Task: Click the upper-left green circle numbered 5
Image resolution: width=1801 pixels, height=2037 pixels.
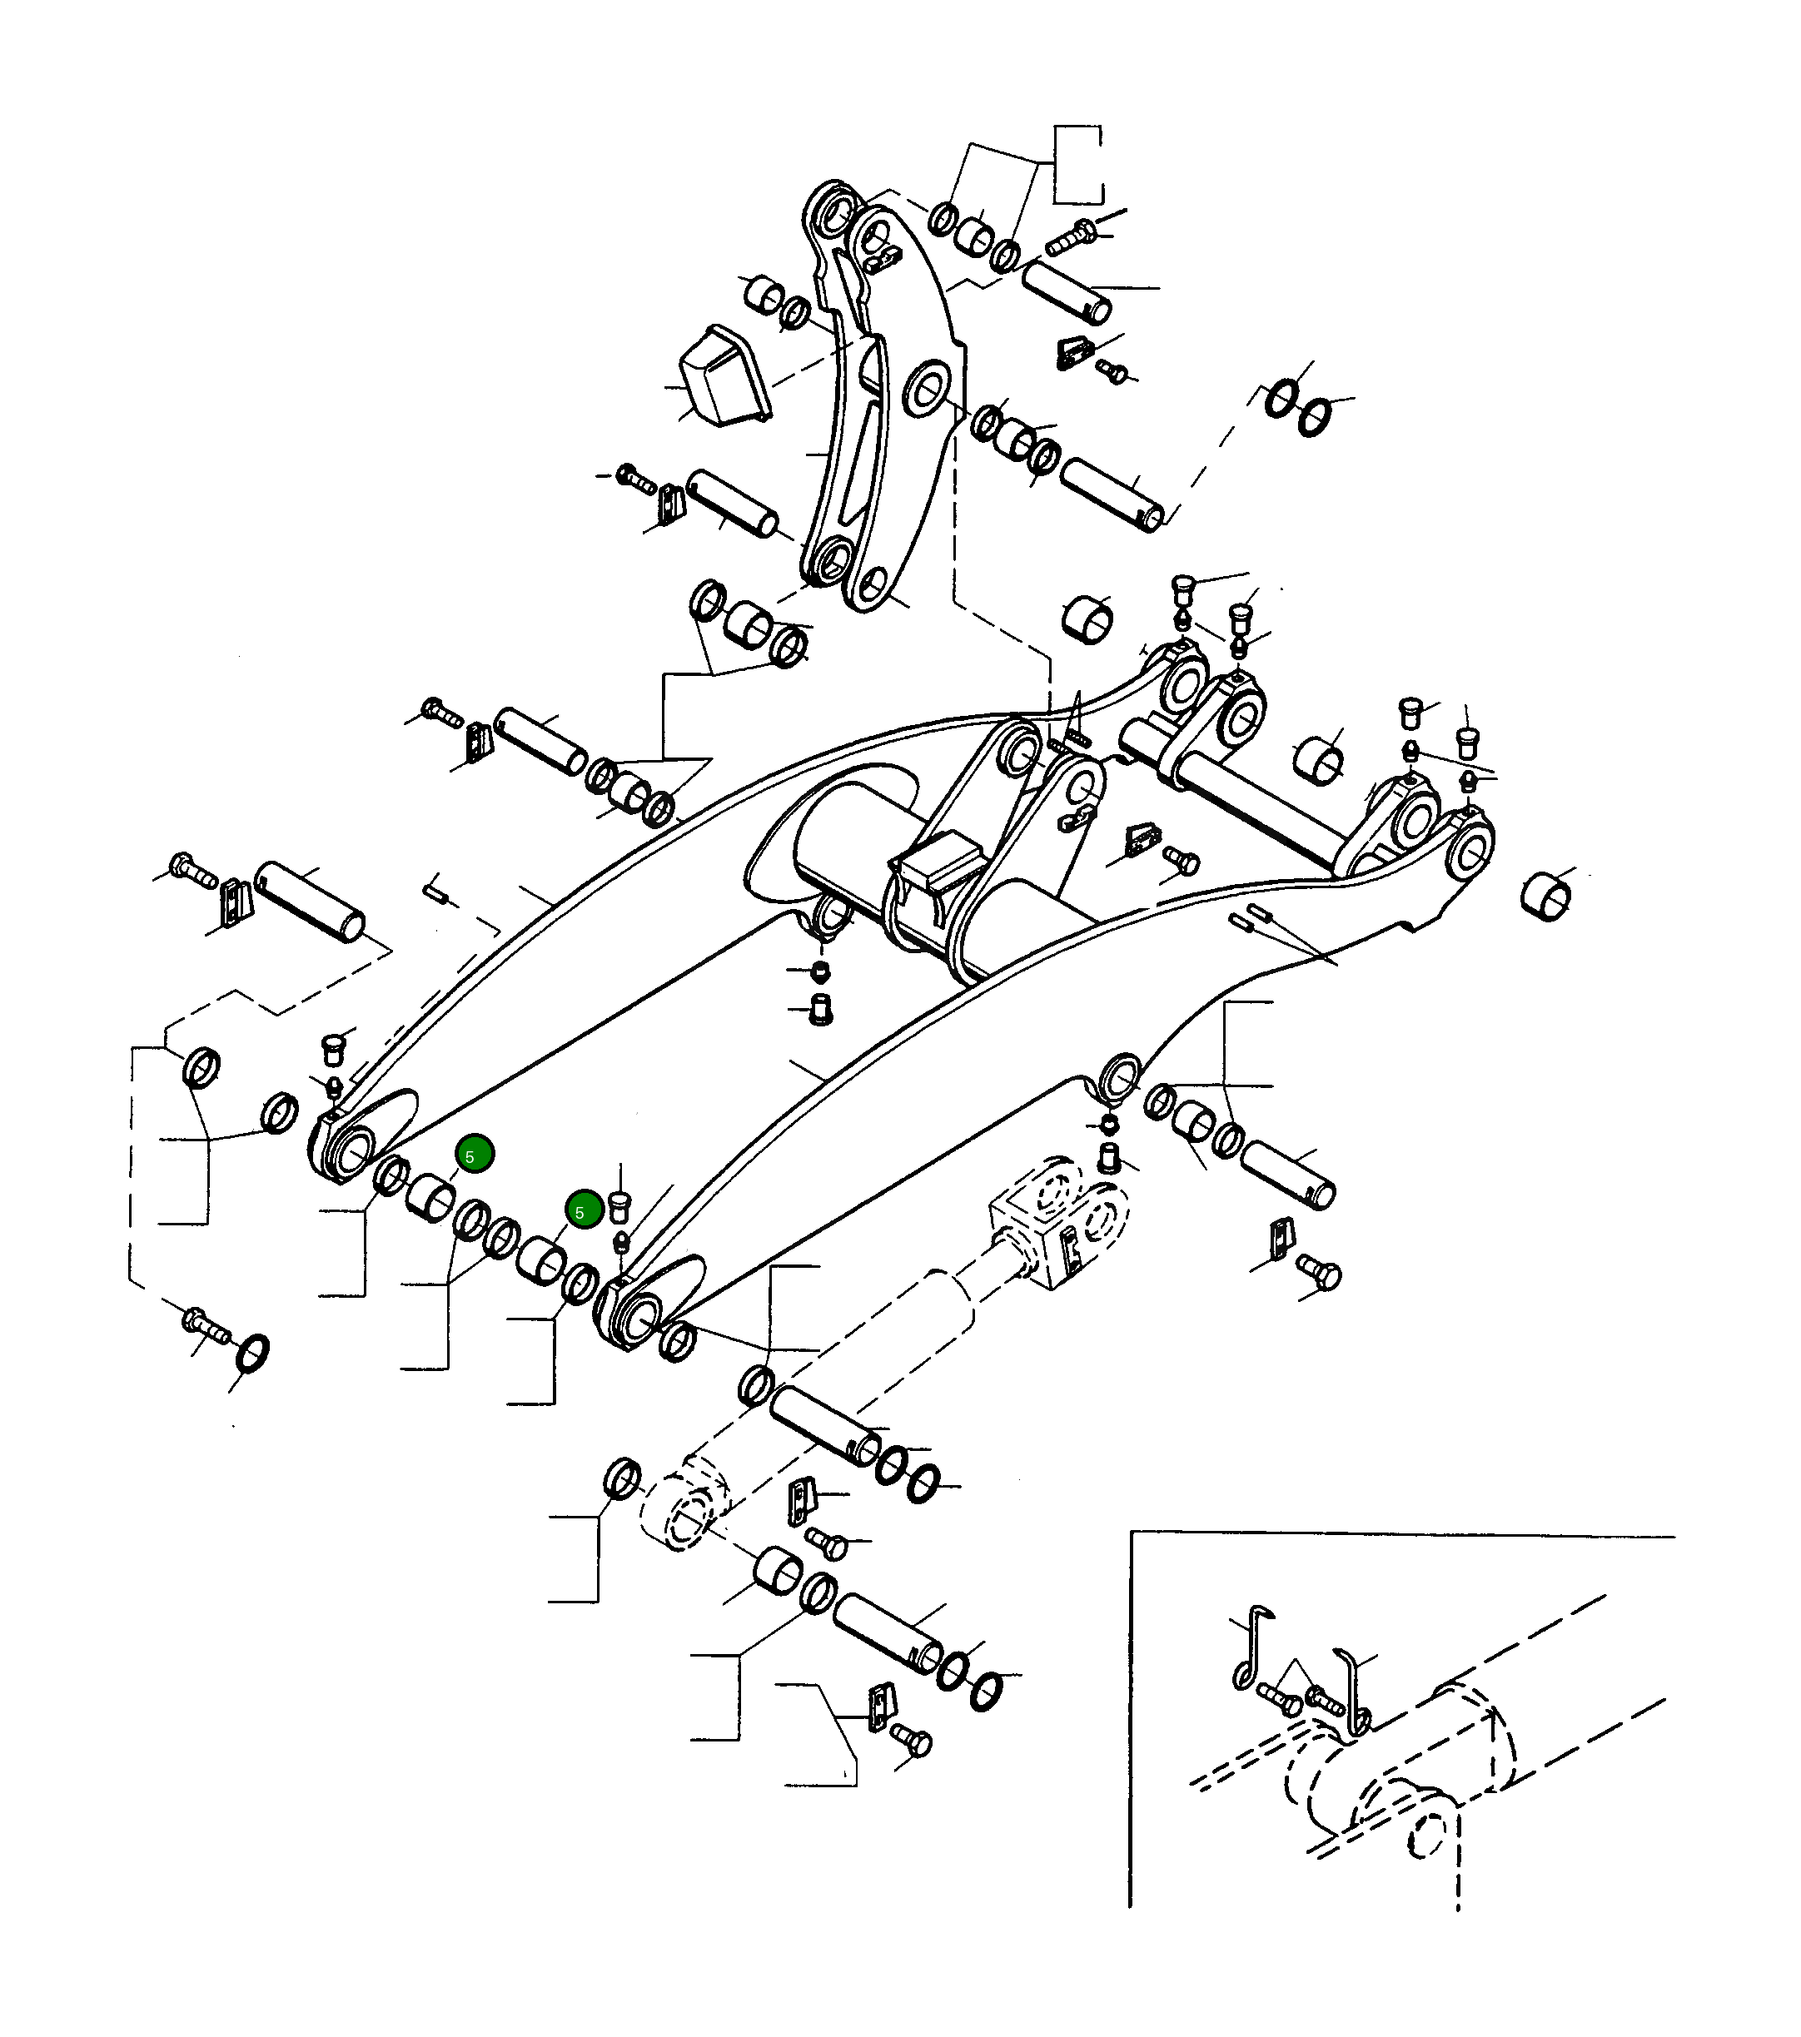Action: coord(475,1154)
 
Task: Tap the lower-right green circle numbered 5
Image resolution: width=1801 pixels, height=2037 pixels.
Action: coord(584,1210)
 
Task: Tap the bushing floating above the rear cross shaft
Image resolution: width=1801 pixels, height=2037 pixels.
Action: coord(1088,620)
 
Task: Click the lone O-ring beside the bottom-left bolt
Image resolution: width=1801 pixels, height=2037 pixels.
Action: coord(253,1353)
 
